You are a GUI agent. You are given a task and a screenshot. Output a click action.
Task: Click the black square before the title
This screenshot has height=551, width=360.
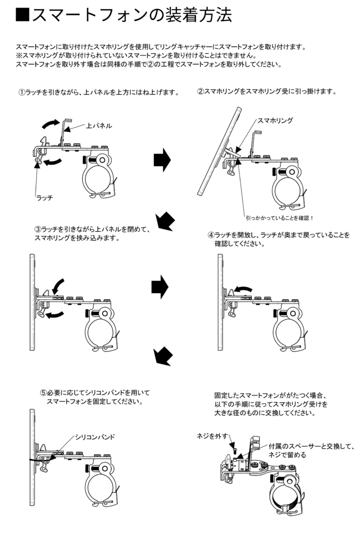click(22, 15)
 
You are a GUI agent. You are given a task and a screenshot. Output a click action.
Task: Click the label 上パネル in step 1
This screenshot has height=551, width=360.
click(99, 125)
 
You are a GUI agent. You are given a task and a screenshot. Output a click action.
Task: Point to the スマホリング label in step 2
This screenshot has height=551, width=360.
click(276, 121)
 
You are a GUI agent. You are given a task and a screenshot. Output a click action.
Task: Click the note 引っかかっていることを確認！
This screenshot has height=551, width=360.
click(279, 218)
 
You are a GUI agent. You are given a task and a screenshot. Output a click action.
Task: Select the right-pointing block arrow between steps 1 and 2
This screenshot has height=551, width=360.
click(162, 160)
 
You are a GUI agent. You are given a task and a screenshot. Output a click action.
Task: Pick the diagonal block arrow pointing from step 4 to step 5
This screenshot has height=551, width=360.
click(163, 355)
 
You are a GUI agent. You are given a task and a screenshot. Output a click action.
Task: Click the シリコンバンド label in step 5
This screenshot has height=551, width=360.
click(95, 436)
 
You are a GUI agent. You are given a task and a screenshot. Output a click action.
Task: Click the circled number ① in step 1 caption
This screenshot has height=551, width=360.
click(22, 93)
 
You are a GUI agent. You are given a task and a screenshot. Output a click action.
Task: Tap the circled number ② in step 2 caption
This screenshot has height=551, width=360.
click(200, 91)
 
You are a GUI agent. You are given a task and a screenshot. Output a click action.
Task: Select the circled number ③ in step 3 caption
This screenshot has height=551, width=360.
click(37, 230)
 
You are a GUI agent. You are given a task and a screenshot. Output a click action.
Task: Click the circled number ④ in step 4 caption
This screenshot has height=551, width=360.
click(211, 235)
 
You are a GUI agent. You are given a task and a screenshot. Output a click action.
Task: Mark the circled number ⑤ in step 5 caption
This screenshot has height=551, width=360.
click(43, 393)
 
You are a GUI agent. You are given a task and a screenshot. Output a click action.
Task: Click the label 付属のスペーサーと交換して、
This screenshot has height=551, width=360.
click(312, 446)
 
